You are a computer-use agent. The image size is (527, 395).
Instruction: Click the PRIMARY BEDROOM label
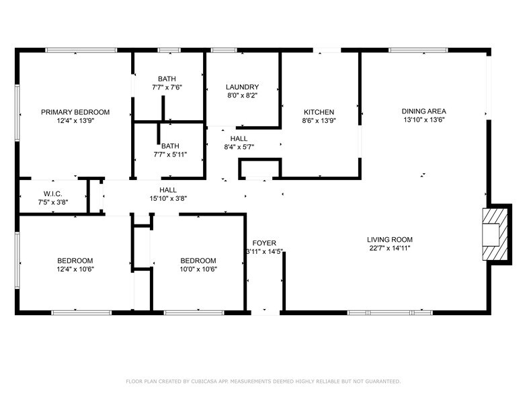(75, 112)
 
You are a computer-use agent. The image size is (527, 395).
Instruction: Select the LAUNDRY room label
(242, 87)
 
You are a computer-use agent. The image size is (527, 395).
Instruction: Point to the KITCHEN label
(319, 112)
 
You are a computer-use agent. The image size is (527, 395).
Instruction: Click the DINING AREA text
(423, 112)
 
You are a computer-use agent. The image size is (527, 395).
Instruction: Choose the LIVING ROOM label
(390, 240)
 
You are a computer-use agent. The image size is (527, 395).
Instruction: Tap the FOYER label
(264, 243)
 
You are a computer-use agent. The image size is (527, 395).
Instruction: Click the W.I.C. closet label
(53, 193)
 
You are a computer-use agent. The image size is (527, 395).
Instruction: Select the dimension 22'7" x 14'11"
(390, 249)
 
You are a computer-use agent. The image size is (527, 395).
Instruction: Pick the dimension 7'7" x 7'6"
(167, 87)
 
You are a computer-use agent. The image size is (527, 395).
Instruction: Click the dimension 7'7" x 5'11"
(170, 155)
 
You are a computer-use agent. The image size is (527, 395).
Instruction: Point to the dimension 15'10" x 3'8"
(168, 199)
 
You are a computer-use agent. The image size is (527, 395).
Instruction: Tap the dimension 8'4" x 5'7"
(239, 147)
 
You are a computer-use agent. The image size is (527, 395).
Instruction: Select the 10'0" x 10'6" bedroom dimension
(198, 269)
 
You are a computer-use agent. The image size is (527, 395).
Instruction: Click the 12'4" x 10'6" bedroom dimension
(75, 269)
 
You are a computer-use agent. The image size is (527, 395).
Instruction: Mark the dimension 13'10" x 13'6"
(423, 120)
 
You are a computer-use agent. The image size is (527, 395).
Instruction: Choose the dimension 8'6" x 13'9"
(319, 121)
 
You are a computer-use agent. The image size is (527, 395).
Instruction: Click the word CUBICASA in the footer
(202, 381)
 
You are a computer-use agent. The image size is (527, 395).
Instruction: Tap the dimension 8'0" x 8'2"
(242, 96)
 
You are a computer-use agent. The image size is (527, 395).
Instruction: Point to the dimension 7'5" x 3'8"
(53, 202)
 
